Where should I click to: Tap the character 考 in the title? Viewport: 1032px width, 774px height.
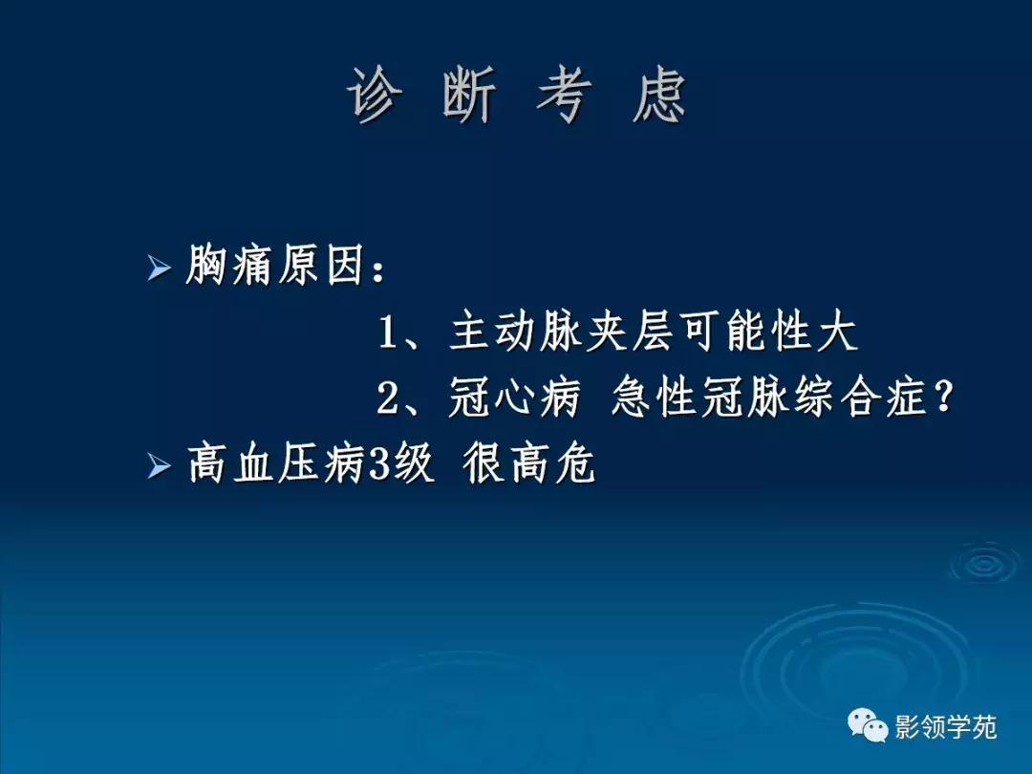click(x=563, y=97)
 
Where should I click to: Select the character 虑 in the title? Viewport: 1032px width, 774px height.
click(x=659, y=97)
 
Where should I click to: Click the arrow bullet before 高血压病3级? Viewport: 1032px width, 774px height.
click(x=159, y=466)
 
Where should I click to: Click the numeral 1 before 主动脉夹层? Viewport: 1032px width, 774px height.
click(x=389, y=333)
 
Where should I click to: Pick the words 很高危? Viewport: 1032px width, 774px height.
click(x=529, y=466)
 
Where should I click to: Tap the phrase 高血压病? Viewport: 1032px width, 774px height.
click(x=276, y=466)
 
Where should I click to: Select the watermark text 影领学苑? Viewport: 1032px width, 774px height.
click(x=945, y=728)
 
